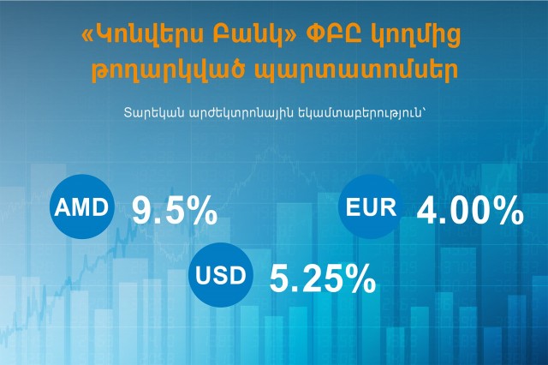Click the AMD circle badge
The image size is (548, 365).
[82, 206]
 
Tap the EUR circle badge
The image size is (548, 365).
[371, 206]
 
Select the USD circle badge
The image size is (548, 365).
[221, 274]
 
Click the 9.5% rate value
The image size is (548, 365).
[175, 210]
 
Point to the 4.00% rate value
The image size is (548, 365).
[470, 210]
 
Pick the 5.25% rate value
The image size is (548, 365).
[323, 278]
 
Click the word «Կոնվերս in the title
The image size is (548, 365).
[142, 35]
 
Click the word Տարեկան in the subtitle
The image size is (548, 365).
[153, 113]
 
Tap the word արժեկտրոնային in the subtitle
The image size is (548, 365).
[241, 114]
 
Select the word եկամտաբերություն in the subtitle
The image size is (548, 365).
[361, 114]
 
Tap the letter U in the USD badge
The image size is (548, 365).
[203, 275]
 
